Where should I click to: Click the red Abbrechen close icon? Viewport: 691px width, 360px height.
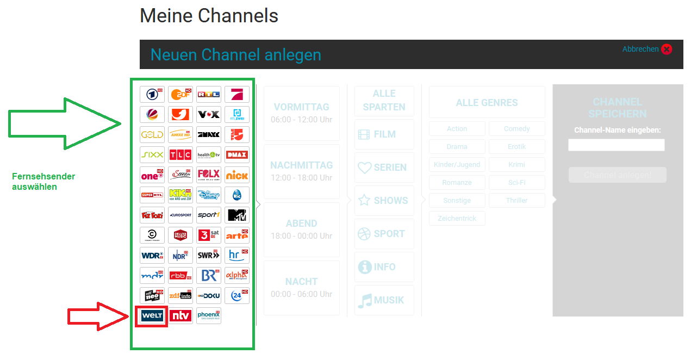(x=667, y=49)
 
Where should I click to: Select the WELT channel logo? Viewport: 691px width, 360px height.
(x=152, y=315)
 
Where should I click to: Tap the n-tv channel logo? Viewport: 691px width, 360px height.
(x=180, y=315)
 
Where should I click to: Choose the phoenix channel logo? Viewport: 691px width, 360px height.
(x=209, y=315)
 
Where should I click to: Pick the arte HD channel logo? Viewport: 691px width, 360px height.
(x=237, y=235)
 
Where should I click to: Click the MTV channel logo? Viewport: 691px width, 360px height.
(x=237, y=215)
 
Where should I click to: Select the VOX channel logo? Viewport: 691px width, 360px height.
(x=209, y=114)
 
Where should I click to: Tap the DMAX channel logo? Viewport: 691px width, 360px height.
(x=237, y=154)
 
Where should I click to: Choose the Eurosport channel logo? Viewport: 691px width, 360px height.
(x=180, y=215)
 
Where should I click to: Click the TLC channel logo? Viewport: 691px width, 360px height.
(x=180, y=154)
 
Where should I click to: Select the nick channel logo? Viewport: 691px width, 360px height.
(x=237, y=175)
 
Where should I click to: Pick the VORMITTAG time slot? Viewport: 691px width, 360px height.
(x=301, y=113)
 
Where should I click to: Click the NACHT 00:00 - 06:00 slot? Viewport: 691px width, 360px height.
(x=301, y=287)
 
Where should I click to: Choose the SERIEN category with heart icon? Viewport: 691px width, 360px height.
(x=384, y=167)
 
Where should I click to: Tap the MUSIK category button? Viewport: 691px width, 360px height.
(x=384, y=300)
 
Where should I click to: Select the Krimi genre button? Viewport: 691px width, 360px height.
(x=516, y=164)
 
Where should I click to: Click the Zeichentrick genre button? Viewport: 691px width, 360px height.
(x=457, y=218)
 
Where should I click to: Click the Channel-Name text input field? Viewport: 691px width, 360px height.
(x=616, y=145)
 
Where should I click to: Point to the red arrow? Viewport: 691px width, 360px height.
(x=98, y=316)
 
